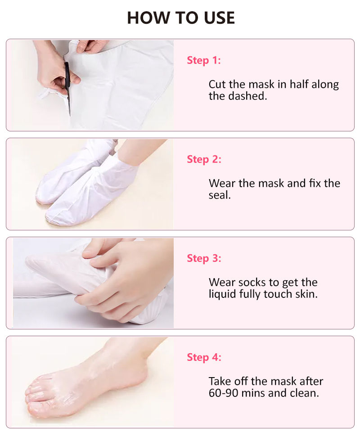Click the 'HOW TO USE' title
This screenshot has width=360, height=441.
pos(181,18)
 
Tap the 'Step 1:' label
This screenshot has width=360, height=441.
pos(204,60)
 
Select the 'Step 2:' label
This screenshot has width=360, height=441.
pos(204,159)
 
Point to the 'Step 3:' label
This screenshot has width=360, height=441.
pos(204,258)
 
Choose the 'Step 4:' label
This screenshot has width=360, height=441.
pos(204,357)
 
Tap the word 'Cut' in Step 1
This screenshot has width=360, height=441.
pos(217,85)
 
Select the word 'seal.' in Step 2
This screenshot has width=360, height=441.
pos(220,195)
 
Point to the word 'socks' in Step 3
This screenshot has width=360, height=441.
pos(251,283)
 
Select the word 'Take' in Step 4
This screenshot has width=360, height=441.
pos(220,382)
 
